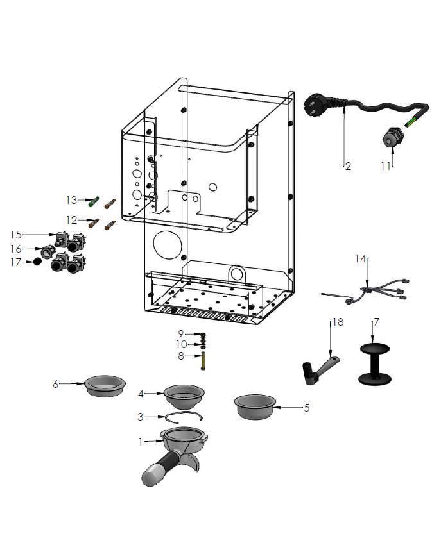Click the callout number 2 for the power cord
(x=348, y=167)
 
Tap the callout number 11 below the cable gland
(x=385, y=166)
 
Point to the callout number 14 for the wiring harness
(x=361, y=259)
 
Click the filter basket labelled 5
(x=255, y=406)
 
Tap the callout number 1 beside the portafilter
(x=141, y=441)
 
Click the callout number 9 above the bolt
(x=182, y=333)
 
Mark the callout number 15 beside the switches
(x=16, y=235)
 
